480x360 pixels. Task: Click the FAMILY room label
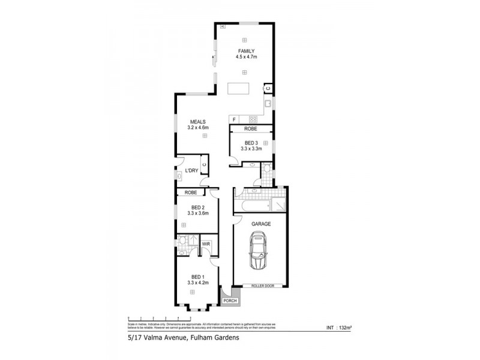246,51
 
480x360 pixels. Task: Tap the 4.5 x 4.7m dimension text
246,57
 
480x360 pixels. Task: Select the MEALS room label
198,122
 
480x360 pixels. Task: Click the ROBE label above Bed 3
251,129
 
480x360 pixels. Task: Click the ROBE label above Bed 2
191,193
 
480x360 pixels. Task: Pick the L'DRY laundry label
191,171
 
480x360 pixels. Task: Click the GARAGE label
261,223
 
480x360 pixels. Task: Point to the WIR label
205,244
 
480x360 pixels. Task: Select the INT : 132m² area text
338,328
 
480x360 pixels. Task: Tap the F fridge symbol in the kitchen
235,119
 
